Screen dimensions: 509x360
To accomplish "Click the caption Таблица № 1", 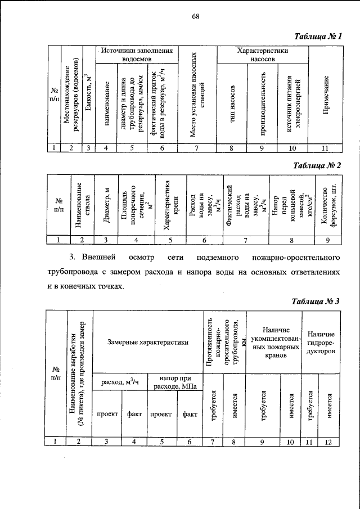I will [x=319, y=37].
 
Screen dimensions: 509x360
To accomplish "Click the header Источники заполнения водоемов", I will [x=136, y=54].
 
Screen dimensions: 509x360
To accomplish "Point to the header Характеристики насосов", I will [x=262, y=54].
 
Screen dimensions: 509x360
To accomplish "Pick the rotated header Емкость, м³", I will [x=88, y=94].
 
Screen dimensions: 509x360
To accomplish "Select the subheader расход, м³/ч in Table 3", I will [x=119, y=382].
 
